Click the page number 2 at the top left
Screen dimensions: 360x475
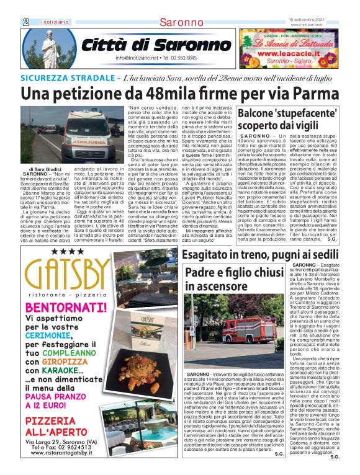(26, 22)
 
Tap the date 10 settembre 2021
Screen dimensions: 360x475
(315, 19)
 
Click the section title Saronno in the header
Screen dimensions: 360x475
(180, 23)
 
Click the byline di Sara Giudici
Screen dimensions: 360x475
(45, 169)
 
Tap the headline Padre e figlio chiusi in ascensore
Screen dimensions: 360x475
(237, 280)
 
